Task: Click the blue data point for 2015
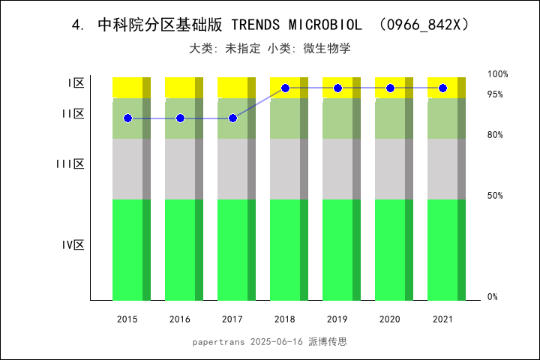coord(127,118)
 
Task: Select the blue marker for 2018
coord(285,88)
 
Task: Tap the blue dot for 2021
coord(442,88)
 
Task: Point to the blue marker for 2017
coord(232,118)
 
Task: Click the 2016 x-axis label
coord(180,319)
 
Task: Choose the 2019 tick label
coord(337,319)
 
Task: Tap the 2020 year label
coord(390,319)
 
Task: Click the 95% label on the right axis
coord(495,94)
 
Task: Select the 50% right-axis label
coord(495,196)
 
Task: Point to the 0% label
coord(493,297)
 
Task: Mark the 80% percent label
coord(495,135)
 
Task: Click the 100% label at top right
coord(498,74)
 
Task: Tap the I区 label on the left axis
coord(76,83)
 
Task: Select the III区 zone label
coord(70,164)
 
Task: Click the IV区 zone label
coord(73,245)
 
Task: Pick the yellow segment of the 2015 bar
coord(131,87)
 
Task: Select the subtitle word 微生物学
coord(327,49)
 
